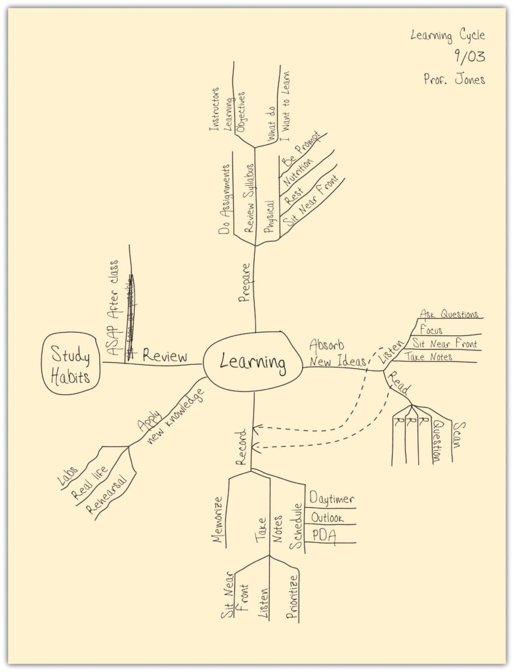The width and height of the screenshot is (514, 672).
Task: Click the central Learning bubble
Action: pos(253,362)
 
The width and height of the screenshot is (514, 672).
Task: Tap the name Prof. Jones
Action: pos(454,79)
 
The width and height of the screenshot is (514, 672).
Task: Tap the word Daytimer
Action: pos(331,499)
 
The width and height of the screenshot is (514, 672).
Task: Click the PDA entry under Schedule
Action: pos(323,536)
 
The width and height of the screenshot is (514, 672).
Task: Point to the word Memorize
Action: pos(219,521)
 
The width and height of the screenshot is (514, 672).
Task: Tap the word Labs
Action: pos(68,476)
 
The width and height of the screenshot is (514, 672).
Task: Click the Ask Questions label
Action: pos(449,314)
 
